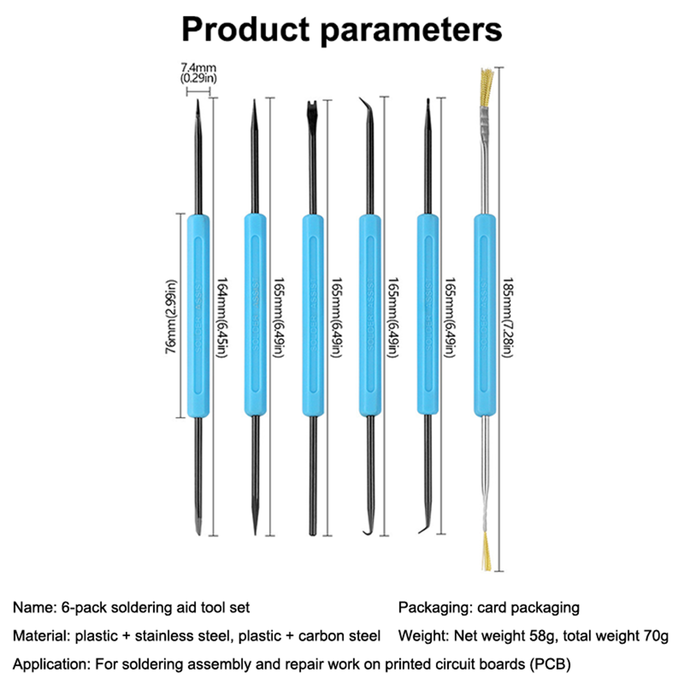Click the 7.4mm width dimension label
[198, 68]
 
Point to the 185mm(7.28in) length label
[508, 317]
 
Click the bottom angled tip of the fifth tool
[425, 528]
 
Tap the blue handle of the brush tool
[485, 315]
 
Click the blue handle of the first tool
[198, 315]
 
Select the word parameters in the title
[411, 30]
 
